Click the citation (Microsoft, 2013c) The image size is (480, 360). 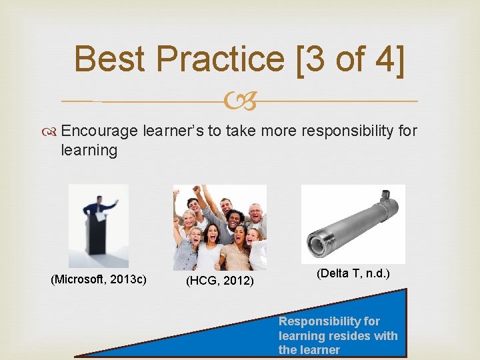(99, 278)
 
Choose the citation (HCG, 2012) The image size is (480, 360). (219, 281)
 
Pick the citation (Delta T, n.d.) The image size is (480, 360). (353, 273)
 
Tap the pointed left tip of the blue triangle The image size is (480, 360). (77, 356)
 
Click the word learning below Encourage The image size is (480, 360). (89, 151)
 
